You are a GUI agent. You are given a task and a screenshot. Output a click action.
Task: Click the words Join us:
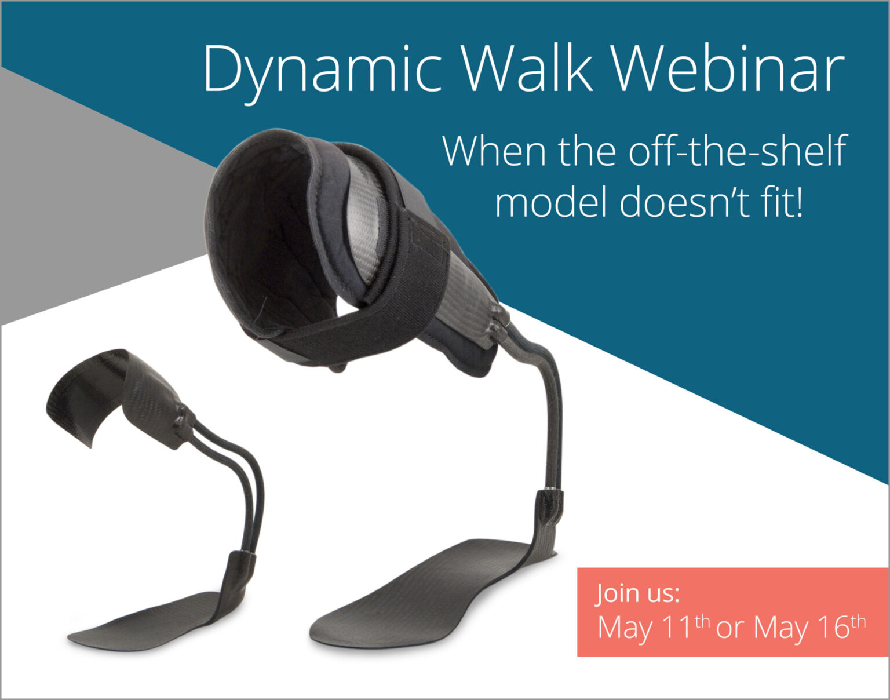point(638,593)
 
